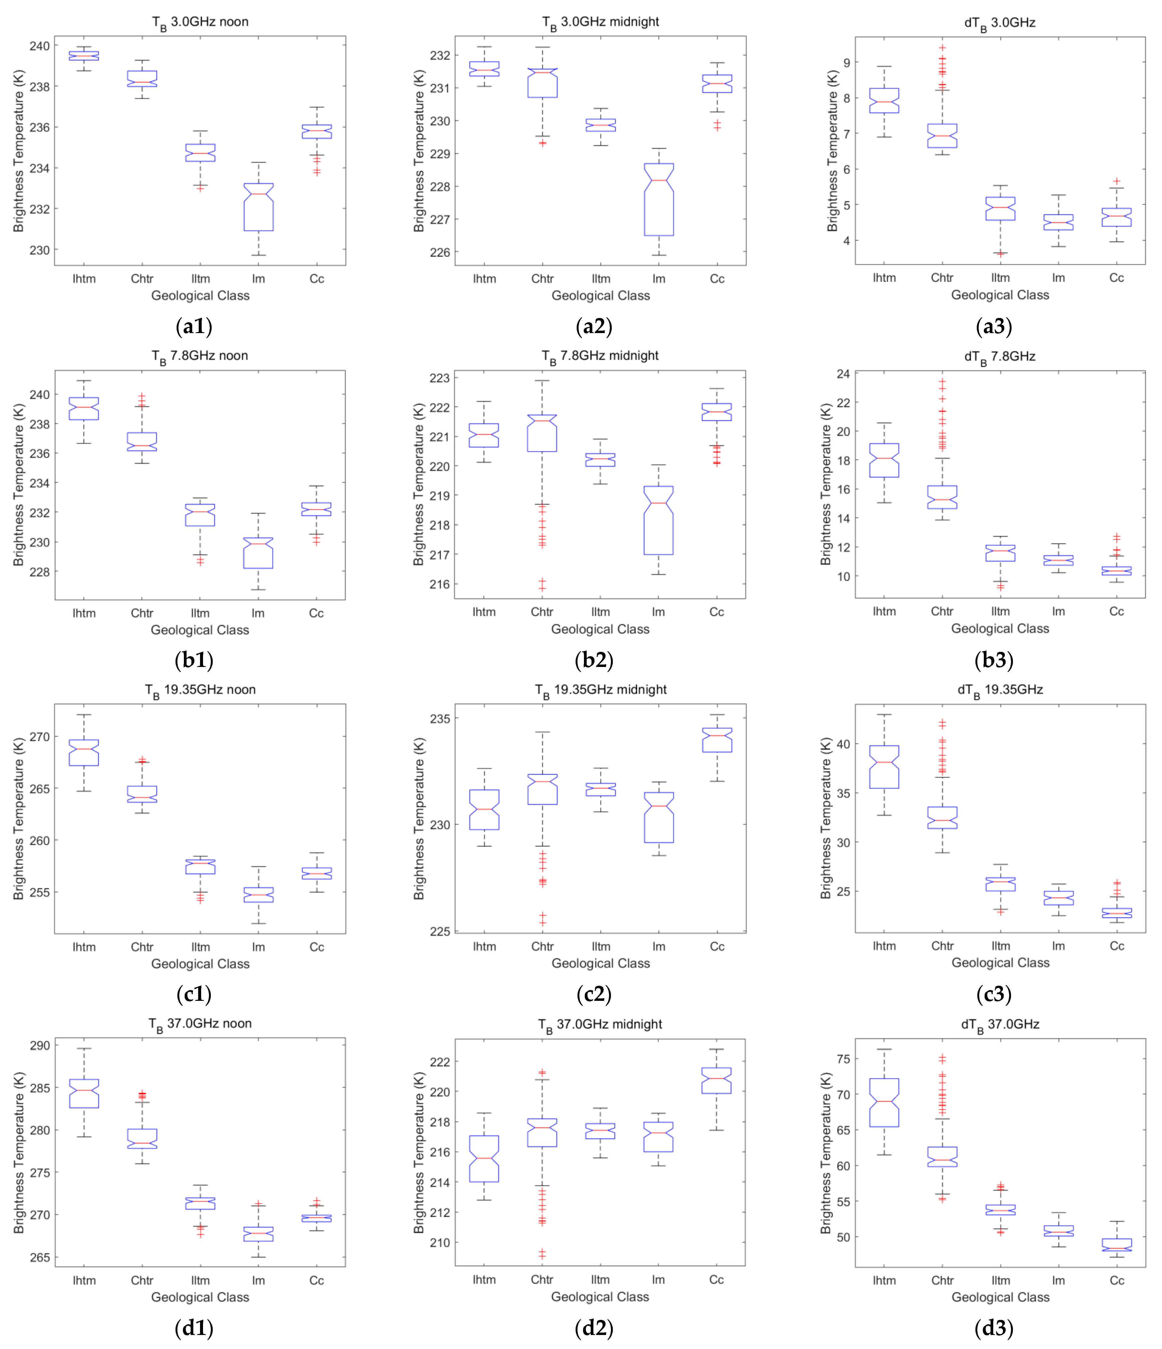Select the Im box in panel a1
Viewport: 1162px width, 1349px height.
pos(259,207)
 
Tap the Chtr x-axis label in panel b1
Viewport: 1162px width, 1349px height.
pos(142,613)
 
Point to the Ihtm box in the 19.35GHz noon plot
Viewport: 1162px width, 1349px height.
pos(84,753)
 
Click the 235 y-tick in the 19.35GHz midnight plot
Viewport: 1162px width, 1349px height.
pos(440,719)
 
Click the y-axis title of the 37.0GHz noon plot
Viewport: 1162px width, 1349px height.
pos(18,1152)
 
